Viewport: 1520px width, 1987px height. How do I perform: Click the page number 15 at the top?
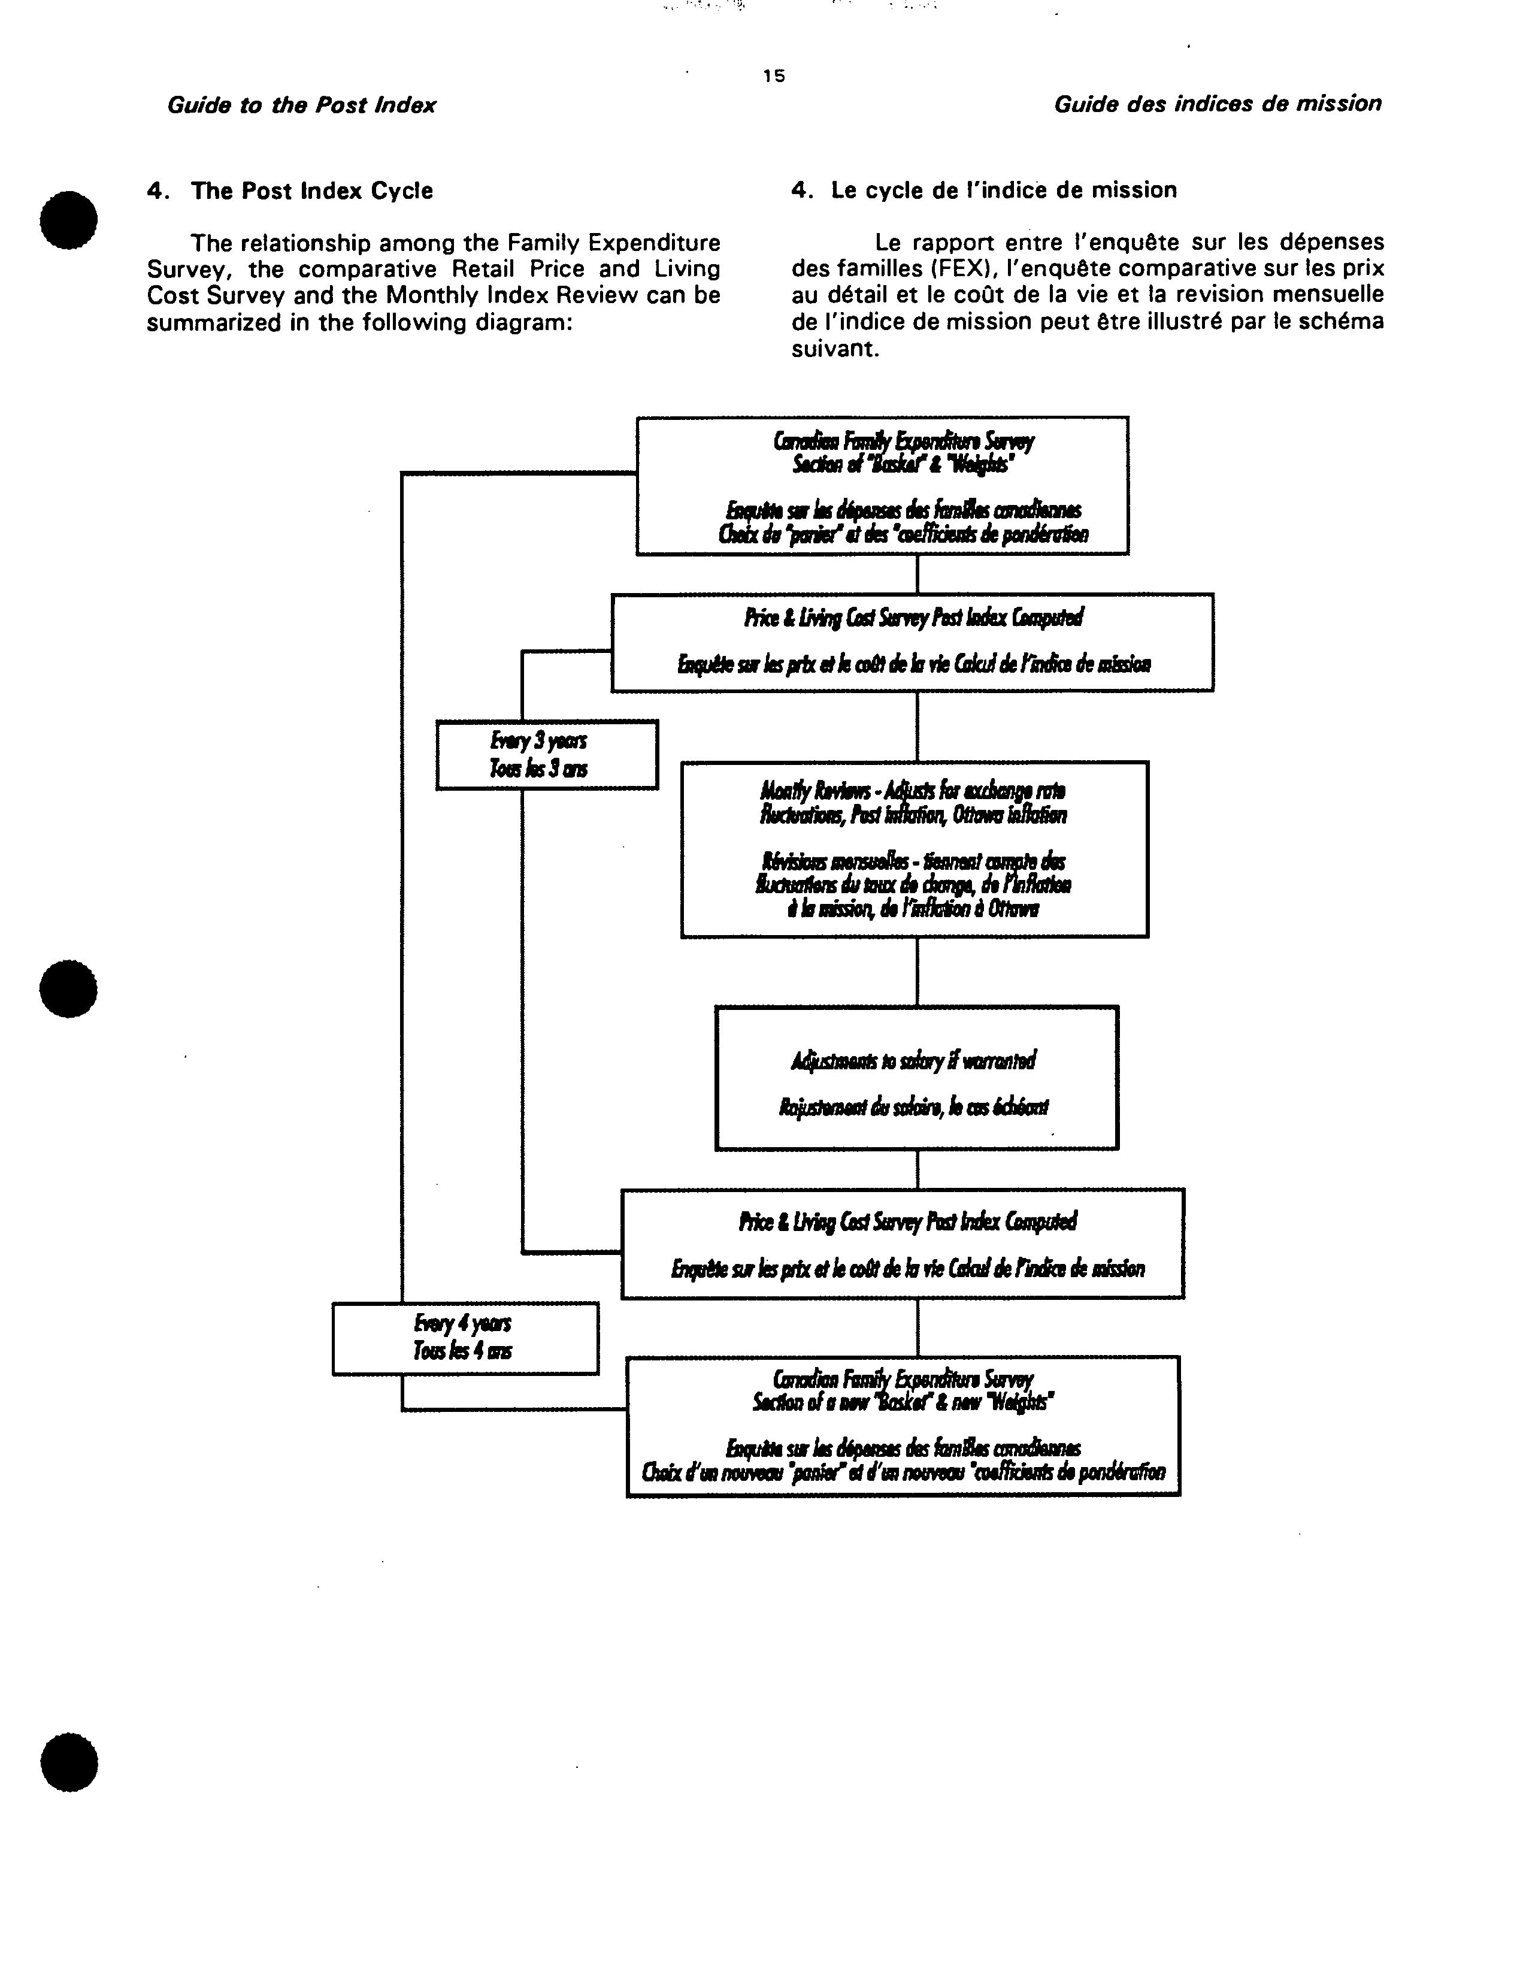774,76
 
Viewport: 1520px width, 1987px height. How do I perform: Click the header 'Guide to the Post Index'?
301,105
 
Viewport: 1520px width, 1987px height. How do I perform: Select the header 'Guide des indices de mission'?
1217,104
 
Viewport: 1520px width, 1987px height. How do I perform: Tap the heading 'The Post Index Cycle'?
311,191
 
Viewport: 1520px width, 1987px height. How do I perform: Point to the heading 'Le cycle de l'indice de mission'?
1003,190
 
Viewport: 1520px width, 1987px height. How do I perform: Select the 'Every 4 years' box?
465,1337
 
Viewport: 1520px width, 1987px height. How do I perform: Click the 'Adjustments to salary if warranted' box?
916,1078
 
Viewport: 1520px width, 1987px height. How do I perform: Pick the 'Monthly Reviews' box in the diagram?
914,849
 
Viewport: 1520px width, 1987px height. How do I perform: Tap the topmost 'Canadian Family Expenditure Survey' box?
882,486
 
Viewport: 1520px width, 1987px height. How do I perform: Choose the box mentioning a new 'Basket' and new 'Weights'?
903,1426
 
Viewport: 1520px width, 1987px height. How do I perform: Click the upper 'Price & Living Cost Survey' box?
912,642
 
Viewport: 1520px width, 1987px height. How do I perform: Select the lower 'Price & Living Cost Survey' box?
902,1243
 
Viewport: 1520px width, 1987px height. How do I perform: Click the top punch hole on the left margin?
69,220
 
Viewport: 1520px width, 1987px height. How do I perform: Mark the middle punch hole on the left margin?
69,988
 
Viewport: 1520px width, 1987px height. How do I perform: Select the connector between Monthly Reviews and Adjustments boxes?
918,971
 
